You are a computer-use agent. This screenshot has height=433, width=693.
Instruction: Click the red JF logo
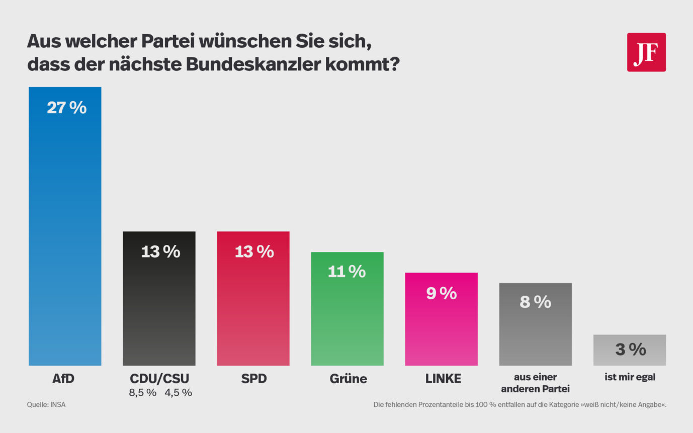pos(646,52)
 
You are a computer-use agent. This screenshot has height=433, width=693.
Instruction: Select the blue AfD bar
pos(65,226)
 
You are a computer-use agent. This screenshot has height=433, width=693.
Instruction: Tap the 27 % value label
pos(67,108)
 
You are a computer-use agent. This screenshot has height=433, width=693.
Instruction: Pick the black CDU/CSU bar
pos(159,302)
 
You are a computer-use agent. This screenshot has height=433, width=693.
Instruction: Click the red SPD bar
pos(253,302)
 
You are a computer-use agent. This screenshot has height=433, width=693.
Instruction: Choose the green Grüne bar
pos(347,312)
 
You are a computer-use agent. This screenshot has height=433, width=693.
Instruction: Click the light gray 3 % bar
pos(629,350)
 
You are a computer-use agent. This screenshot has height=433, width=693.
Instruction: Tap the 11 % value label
pos(347,272)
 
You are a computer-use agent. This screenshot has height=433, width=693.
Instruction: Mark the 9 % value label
pos(441,293)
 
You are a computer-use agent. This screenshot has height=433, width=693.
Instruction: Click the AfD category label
pos(63,379)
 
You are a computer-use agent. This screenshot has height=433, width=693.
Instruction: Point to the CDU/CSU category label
pos(159,379)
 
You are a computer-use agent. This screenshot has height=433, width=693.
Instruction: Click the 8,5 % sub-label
pos(143,393)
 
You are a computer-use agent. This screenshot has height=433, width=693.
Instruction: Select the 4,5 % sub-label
pos(179,393)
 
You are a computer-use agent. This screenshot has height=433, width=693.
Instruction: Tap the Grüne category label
pos(348,379)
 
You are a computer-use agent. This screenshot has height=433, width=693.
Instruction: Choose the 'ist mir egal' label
pos(630,377)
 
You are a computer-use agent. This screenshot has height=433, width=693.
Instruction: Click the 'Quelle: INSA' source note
pos(46,404)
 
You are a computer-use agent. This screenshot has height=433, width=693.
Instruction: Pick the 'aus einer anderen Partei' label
pos(535,382)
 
